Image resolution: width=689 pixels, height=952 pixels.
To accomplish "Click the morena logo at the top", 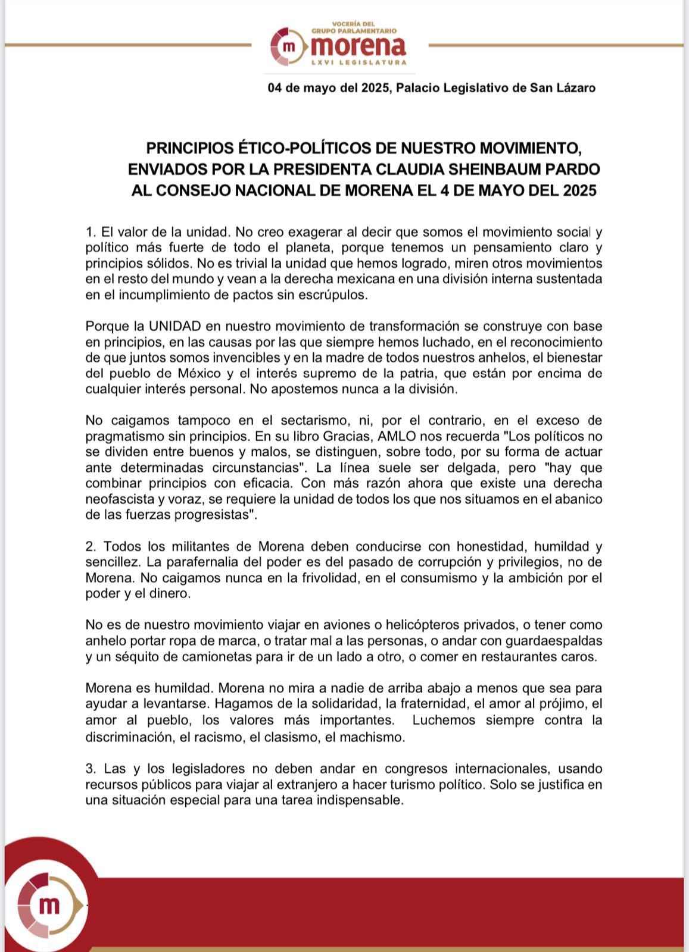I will point(338,45).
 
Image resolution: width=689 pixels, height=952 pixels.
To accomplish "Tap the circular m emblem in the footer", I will point(49,905).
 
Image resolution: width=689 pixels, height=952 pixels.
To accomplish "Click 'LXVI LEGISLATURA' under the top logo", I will point(359,62).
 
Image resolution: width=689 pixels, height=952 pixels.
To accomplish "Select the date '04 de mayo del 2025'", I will point(328,88).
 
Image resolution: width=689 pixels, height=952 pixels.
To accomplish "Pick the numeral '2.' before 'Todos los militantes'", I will point(91,546).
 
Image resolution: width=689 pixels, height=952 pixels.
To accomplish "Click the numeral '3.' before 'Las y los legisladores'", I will point(91,769).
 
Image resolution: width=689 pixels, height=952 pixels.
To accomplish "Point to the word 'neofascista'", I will point(117,499).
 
